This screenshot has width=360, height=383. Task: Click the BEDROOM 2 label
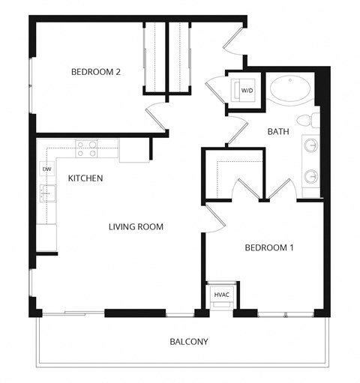point(96,72)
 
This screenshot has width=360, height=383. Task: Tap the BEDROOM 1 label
point(269,247)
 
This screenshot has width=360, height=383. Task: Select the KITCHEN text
point(85,178)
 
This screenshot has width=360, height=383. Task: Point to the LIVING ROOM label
point(136,226)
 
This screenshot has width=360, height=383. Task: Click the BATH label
point(278,132)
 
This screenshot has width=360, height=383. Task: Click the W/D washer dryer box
point(245,91)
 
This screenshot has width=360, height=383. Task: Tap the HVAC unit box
point(222,295)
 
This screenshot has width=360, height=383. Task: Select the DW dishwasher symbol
point(46,169)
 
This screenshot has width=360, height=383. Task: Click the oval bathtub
point(291,91)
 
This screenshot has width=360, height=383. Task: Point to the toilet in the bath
point(305,121)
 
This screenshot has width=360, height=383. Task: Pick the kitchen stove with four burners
point(86,148)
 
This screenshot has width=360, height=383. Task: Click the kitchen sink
point(46,193)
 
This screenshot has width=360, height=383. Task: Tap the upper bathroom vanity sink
point(310,144)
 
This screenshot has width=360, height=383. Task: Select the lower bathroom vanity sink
point(310,177)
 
